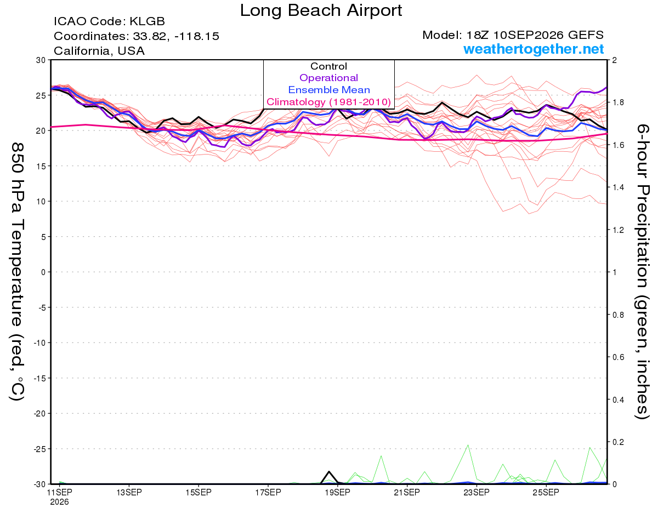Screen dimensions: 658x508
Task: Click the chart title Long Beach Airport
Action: pyautogui.click(x=321, y=10)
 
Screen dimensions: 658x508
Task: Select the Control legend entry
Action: pyautogui.click(x=328, y=66)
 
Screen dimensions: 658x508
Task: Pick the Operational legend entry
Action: pyautogui.click(x=328, y=78)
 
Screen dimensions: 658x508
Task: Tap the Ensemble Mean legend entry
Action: pyautogui.click(x=329, y=90)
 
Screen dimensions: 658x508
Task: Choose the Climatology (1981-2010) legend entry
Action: pyautogui.click(x=328, y=102)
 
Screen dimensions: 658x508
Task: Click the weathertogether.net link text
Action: pyautogui.click(x=534, y=49)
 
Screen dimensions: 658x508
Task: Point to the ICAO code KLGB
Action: pyautogui.click(x=147, y=21)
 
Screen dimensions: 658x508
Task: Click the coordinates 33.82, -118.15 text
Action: pyautogui.click(x=176, y=36)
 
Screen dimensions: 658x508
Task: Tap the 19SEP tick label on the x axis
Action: pyautogui.click(x=337, y=493)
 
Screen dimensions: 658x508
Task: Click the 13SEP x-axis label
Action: pyautogui.click(x=129, y=493)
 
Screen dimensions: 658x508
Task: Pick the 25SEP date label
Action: pyautogui.click(x=546, y=493)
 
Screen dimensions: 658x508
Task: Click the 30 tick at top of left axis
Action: pyautogui.click(x=41, y=60)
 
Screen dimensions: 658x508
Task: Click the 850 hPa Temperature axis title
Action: pyautogui.click(x=17, y=272)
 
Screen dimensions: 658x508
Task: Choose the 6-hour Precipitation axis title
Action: pyautogui.click(x=642, y=272)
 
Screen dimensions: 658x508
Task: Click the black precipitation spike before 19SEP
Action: pyautogui.click(x=329, y=472)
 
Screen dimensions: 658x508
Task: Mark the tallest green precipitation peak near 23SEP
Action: pyautogui.click(x=468, y=446)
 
